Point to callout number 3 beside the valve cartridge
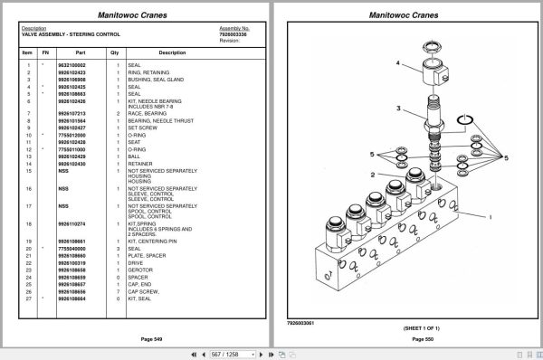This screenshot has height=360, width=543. (396, 109)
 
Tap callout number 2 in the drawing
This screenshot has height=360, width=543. (396, 175)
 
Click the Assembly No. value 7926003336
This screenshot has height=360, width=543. (235, 33)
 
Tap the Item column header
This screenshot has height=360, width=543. (27, 52)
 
